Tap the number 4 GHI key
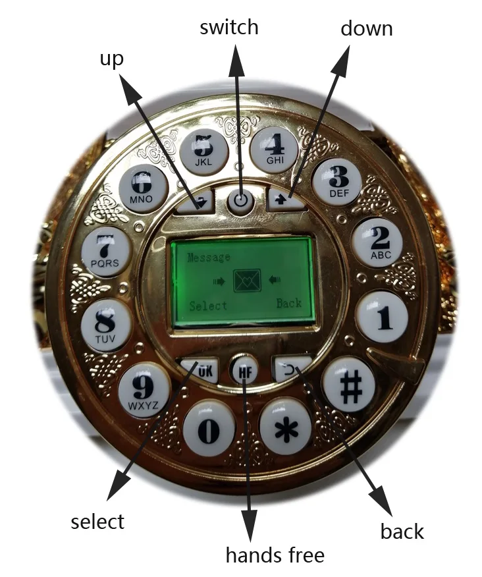point(273,150)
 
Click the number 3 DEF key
point(336,181)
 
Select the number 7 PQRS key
point(105,252)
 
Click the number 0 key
point(209,430)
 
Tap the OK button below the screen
point(200,370)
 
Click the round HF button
point(244,371)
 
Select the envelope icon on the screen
point(247,281)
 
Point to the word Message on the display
point(209,258)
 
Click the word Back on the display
point(289,303)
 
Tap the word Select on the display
point(208,306)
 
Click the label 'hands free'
point(275,555)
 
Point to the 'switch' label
point(229,27)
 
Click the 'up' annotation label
point(111,59)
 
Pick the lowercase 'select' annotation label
point(97,522)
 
